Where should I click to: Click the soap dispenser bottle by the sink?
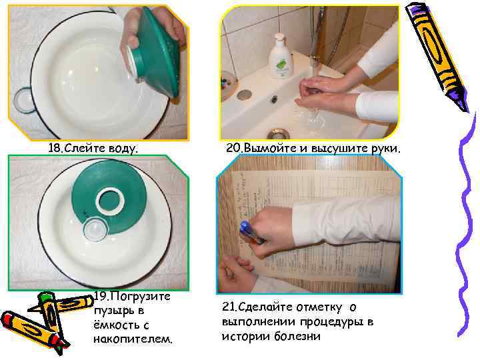pos(280,56)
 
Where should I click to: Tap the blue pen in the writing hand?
pos(251,232)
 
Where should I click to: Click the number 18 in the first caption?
pos(55,149)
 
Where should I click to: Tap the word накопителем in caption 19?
pos(133,339)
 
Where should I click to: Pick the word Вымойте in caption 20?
pos(270,149)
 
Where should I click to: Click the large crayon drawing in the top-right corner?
pos(437,57)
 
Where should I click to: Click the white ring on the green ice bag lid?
pos(110,201)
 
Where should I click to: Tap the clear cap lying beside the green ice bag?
pos(95,229)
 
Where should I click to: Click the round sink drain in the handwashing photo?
pos(279,134)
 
